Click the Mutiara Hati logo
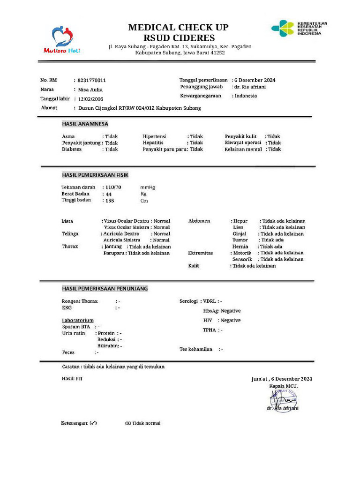pos(62,39)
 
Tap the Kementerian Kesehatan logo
pos(299,29)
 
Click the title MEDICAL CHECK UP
pos(179,28)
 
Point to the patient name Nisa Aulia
pos(90,90)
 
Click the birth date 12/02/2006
pos(91,99)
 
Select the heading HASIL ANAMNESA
pos(85,124)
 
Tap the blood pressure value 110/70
pos(113,187)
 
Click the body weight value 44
pos(109,194)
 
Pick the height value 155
pos(110,201)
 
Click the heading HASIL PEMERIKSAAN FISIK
pos(95,175)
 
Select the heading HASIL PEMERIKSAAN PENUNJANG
pos(105,288)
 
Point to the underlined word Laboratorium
pos(77,321)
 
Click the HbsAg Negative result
pos(222,311)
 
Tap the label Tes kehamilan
pos(196,349)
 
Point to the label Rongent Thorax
pos(80,301)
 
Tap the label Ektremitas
pos(201,253)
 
